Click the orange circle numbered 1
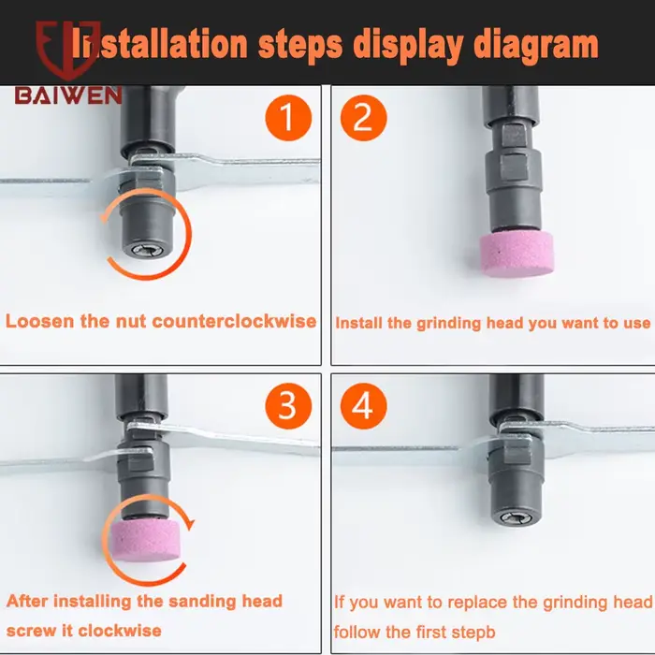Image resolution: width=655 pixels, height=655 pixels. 288,118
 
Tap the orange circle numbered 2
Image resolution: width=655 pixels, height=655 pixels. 363,118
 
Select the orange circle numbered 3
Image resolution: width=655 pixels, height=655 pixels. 288,406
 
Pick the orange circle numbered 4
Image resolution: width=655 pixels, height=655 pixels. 363,406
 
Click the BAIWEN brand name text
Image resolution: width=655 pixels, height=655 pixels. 68,95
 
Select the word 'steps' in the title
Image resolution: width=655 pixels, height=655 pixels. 300,45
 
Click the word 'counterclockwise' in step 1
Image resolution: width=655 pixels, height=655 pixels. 234,321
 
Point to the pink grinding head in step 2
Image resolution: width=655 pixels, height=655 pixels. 517,254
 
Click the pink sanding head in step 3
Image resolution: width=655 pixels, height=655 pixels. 145,541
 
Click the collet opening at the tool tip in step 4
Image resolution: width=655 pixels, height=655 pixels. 517,518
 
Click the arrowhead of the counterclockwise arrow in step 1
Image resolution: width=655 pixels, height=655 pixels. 105,216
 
